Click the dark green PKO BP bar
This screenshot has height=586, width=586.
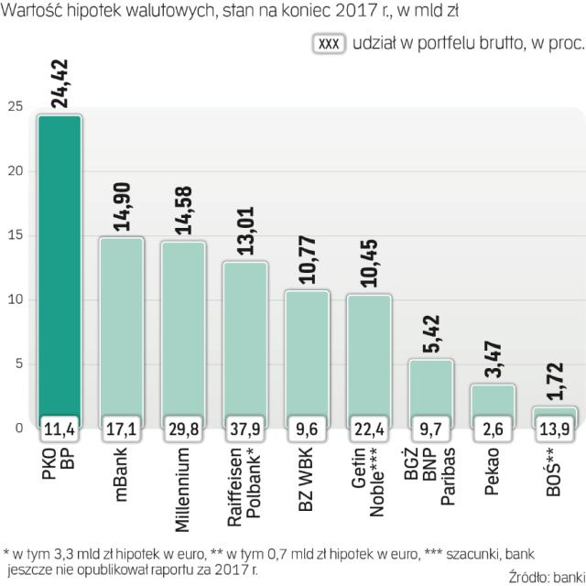tap(60, 266)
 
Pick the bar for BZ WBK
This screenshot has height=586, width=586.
tap(308, 353)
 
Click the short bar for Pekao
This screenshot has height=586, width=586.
tap(494, 399)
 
